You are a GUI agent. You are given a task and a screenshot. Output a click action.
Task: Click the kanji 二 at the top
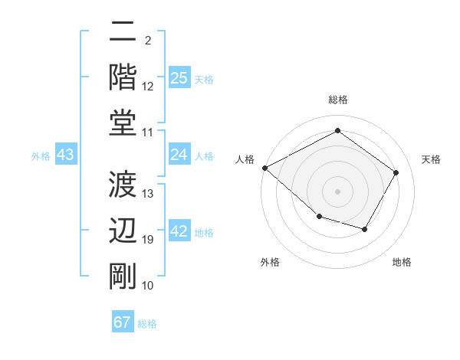point(123,33)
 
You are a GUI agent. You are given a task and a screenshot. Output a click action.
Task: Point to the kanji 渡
point(123,184)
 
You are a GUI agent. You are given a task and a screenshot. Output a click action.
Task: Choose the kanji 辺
point(123,231)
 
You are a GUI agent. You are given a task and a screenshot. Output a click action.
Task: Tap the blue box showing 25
point(179,78)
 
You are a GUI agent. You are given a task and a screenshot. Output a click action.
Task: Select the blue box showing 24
point(179,155)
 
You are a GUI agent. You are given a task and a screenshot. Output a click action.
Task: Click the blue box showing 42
point(179,231)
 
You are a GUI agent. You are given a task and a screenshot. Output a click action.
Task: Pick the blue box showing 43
point(66,155)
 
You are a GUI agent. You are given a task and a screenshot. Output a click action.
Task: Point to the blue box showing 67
point(123,322)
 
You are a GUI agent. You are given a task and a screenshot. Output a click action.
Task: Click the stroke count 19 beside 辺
point(148,241)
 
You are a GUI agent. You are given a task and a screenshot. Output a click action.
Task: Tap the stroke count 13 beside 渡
point(148,194)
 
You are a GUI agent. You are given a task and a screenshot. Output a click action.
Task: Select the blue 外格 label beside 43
point(41,156)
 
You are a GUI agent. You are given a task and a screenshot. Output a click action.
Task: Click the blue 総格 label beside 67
point(147,323)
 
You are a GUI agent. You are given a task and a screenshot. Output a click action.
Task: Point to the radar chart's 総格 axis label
point(337,100)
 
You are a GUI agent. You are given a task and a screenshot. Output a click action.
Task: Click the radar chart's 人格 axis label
point(245,159)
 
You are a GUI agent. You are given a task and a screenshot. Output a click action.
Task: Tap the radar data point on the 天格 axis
point(396,172)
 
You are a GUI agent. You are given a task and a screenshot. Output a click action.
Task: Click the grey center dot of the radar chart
point(337,191)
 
